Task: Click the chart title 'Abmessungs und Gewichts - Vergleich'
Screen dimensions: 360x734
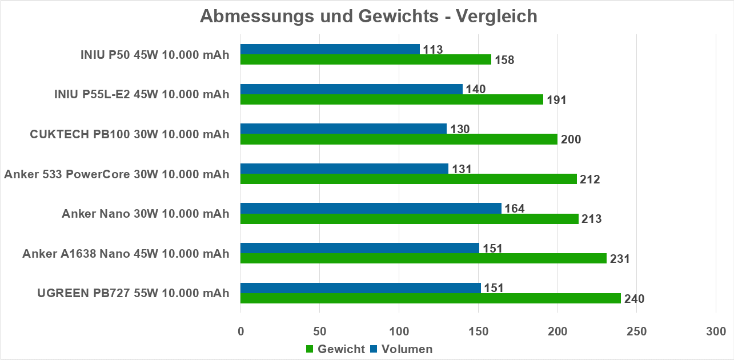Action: (368, 16)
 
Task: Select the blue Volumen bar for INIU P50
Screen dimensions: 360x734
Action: (330, 49)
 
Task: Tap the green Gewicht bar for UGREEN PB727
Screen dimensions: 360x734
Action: (430, 298)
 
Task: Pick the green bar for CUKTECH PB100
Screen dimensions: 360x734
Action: (399, 139)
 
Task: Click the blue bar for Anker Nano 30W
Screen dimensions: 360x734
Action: (371, 208)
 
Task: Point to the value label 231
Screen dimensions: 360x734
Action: (619, 259)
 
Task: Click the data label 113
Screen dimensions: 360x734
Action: (432, 50)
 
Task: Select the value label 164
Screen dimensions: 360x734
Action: (514, 209)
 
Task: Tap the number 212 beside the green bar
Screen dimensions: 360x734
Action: (589, 179)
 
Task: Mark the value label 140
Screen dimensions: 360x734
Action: (475, 89)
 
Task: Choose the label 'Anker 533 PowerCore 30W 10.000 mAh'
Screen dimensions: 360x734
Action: (117, 174)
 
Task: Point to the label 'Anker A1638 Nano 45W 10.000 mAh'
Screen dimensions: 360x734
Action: (126, 254)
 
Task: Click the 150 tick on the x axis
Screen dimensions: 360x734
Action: (478, 331)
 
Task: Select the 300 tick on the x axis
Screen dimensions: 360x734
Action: (716, 331)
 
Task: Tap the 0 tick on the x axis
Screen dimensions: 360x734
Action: (240, 331)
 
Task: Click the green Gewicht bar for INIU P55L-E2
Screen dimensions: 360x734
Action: (391, 99)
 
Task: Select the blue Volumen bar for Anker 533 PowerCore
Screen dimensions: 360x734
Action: (344, 169)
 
